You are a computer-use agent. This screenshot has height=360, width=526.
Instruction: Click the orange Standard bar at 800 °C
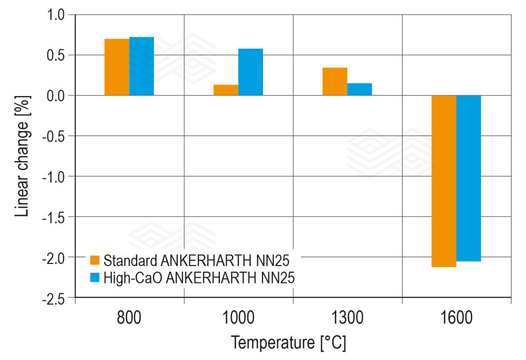tap(117, 67)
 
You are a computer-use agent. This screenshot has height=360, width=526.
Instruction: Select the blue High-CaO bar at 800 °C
tap(141, 66)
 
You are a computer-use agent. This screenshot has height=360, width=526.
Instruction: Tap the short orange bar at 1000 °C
tap(226, 90)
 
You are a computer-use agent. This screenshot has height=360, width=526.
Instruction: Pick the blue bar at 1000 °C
tap(250, 72)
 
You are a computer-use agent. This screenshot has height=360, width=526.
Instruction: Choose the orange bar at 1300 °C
tap(334, 82)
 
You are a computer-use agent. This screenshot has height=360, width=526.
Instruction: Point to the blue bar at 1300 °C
tap(359, 89)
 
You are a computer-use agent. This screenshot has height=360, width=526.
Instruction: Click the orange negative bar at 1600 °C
tap(443, 181)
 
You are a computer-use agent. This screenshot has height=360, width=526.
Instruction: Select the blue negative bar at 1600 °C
tap(468, 178)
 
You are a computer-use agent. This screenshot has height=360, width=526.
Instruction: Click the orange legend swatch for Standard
tap(95, 260)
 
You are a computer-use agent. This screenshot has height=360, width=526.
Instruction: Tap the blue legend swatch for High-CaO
tap(95, 278)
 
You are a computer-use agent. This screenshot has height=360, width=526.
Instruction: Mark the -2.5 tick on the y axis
tap(55, 297)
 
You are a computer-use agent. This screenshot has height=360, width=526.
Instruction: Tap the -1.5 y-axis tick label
tap(55, 217)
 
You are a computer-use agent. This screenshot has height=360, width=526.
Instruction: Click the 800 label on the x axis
tap(129, 318)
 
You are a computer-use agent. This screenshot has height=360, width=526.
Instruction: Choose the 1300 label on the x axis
tap(347, 318)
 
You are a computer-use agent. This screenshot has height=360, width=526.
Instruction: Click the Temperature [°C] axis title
tap(288, 342)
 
